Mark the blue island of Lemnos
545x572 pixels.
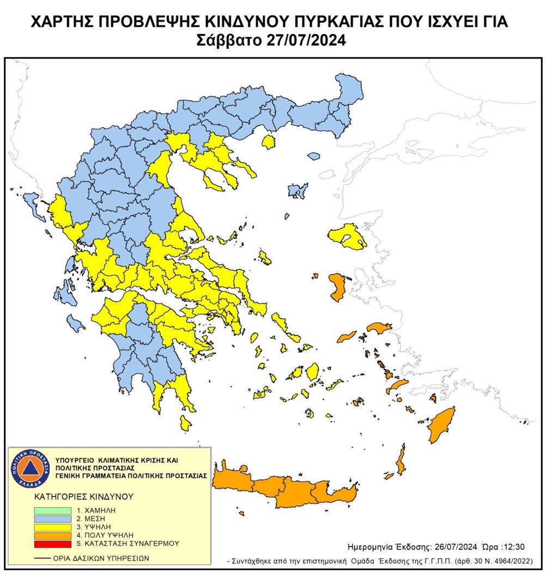point(298,191)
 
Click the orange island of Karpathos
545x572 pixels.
point(400,460)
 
